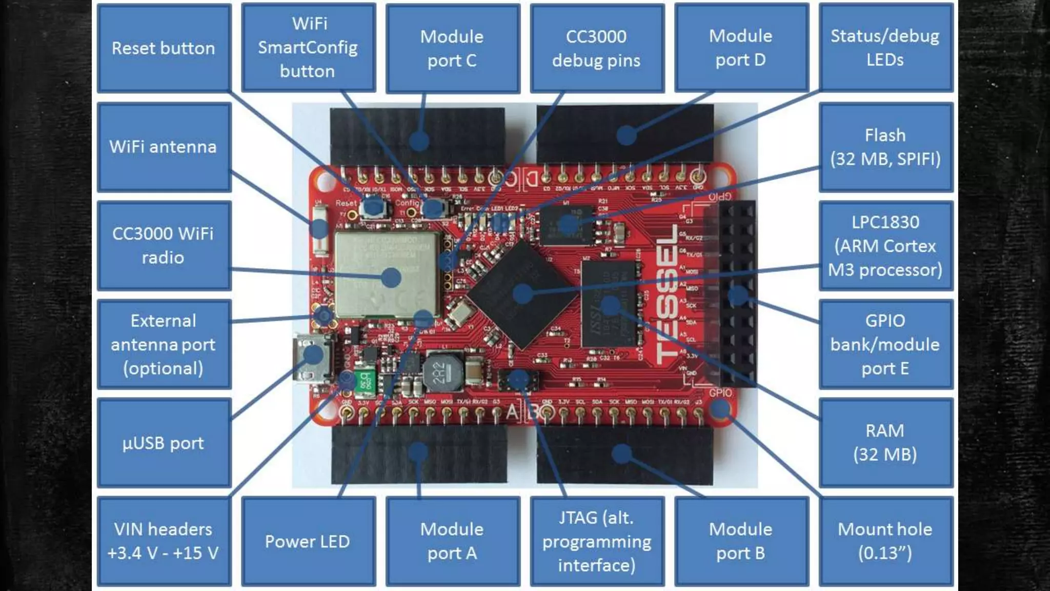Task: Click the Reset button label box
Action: [164, 48]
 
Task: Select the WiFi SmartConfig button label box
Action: [308, 47]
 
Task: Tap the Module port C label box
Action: [452, 48]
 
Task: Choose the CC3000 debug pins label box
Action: [597, 48]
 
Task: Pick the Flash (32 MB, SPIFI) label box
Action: [885, 147]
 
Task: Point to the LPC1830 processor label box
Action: [885, 246]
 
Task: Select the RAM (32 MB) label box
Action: [885, 442]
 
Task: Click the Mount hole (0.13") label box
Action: [885, 541]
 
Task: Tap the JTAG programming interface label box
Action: [597, 541]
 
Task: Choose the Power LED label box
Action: [308, 541]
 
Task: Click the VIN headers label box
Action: [164, 541]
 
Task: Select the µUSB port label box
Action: [164, 442]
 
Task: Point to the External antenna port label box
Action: [164, 344]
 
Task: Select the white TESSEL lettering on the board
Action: [666, 295]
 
